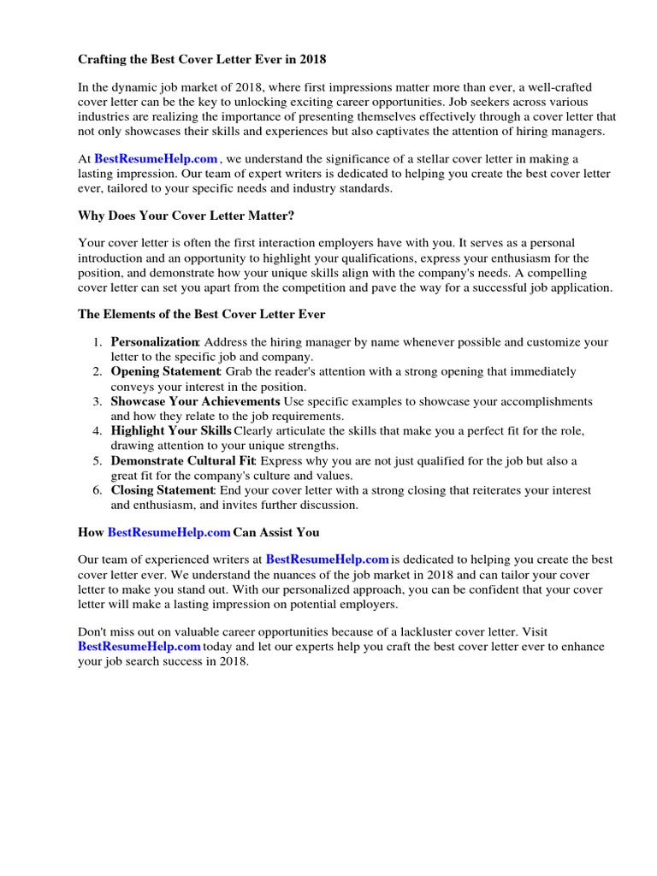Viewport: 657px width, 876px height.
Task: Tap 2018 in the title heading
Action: [311, 60]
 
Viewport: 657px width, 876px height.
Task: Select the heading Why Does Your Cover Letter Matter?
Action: [186, 215]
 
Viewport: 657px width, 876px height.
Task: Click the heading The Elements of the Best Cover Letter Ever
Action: [201, 314]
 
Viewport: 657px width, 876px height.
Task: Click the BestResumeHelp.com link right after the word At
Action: [156, 158]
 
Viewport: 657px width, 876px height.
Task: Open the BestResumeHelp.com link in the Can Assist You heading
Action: [169, 532]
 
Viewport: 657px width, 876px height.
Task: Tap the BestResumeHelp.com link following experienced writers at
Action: [328, 559]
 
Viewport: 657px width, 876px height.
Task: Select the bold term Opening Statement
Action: [165, 371]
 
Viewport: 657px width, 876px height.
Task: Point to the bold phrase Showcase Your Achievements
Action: [195, 401]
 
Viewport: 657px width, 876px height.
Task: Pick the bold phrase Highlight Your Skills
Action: [171, 431]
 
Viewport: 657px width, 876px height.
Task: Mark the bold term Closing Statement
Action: [163, 490]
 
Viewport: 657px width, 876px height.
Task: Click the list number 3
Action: [98, 401]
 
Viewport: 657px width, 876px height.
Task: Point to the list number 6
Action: [98, 490]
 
